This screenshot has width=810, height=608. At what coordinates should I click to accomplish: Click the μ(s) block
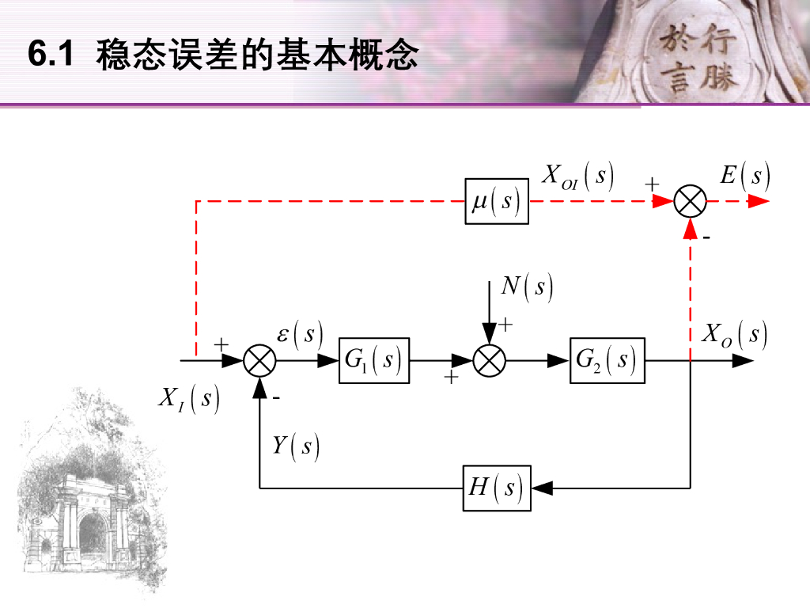tap(496, 201)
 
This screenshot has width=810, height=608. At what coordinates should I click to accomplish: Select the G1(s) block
tap(374, 360)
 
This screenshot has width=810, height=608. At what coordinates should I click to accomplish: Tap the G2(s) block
tap(607, 360)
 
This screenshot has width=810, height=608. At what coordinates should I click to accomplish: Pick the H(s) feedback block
tap(496, 488)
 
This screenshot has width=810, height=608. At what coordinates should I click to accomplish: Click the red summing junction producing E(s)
tap(691, 201)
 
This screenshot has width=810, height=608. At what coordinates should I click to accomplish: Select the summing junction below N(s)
tap(489, 361)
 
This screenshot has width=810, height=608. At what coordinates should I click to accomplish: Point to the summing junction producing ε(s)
tap(259, 361)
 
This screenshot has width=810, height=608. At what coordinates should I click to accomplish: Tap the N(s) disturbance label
tap(527, 287)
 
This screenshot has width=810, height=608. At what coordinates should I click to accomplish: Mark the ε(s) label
tap(300, 335)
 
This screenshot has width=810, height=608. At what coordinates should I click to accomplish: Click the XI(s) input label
tap(188, 398)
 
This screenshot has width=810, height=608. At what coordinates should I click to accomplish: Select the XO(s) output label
tap(735, 334)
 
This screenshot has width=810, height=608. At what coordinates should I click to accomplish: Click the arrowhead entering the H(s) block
tap(541, 488)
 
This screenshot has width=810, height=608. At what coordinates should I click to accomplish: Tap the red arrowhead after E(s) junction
tap(759, 201)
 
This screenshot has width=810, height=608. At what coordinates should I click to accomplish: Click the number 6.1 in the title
tap(51, 55)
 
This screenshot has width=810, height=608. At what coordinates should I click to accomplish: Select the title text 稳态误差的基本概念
tap(257, 56)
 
